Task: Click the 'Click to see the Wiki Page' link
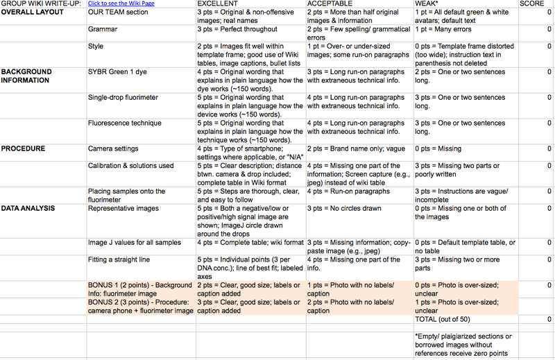[x=121, y=3]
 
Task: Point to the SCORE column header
[x=533, y=3]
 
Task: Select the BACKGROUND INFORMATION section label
[x=26, y=76]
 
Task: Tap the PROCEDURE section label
[x=23, y=148]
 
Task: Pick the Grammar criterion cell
[x=102, y=31]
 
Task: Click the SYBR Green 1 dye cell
[x=117, y=72]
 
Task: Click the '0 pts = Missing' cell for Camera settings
[x=438, y=148]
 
